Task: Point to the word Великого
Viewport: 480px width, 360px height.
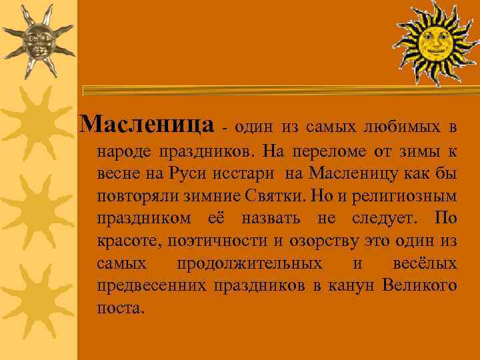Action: pyautogui.click(x=420, y=286)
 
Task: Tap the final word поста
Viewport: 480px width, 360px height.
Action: pyautogui.click(x=119, y=309)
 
